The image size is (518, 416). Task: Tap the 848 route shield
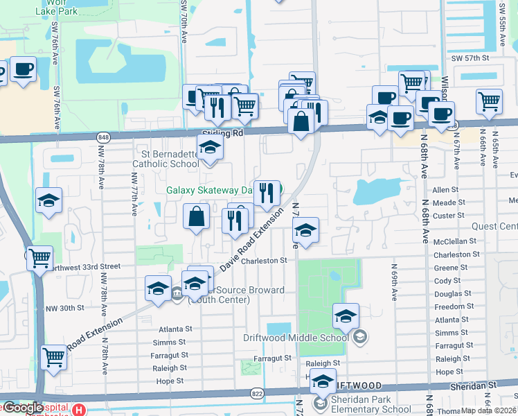[103, 137]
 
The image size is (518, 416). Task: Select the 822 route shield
[257, 393]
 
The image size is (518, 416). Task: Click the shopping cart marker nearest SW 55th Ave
[489, 101]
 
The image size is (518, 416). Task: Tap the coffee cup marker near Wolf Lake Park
[23, 70]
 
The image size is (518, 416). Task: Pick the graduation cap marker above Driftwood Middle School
[346, 316]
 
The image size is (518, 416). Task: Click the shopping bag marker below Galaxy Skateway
[197, 216]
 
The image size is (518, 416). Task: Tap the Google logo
[24, 408]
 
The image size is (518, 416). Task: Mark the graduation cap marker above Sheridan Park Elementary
[323, 381]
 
